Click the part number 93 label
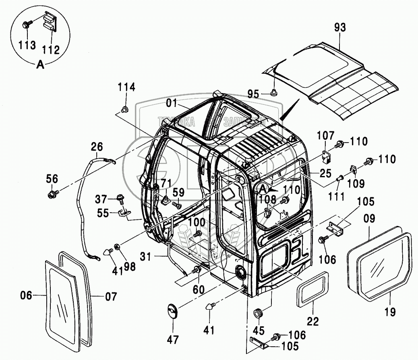click(339, 28)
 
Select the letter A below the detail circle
click(40, 64)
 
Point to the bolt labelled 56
click(52, 195)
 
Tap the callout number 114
click(126, 87)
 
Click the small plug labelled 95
click(274, 93)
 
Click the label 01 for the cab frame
click(172, 103)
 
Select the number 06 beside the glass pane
click(26, 296)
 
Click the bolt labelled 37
click(120, 198)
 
